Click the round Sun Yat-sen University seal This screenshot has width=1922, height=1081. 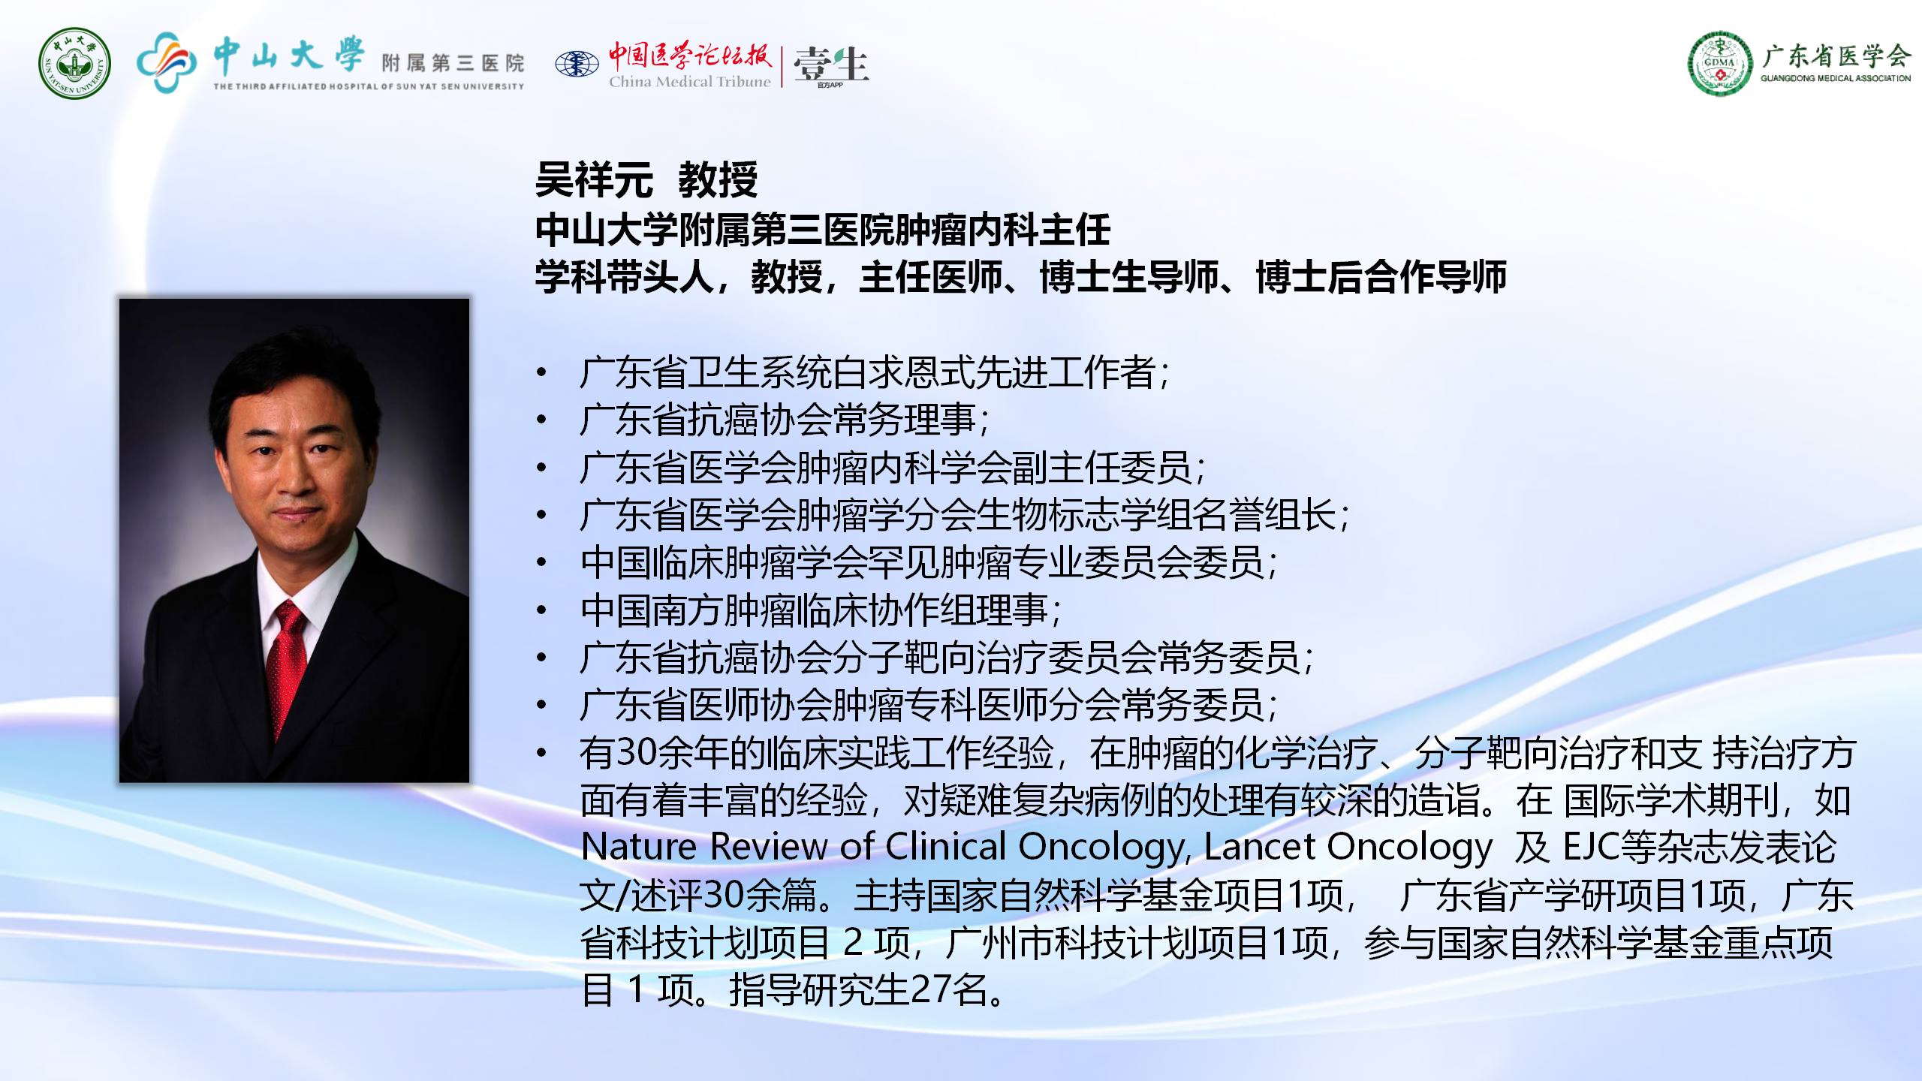point(74,64)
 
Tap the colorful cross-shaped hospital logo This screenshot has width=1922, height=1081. point(167,62)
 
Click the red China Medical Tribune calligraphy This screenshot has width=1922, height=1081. point(689,54)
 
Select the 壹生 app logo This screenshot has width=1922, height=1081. point(831,65)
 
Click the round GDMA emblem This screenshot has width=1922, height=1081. point(1720,63)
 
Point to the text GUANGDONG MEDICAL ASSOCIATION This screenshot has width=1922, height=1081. point(1836,78)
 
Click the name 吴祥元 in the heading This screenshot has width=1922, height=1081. point(594,180)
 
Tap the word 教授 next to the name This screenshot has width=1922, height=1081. point(718,180)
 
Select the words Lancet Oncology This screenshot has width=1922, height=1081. point(1348,848)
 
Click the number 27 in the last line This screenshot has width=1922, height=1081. point(931,990)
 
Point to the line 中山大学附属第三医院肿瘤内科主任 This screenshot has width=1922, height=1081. point(823,230)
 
